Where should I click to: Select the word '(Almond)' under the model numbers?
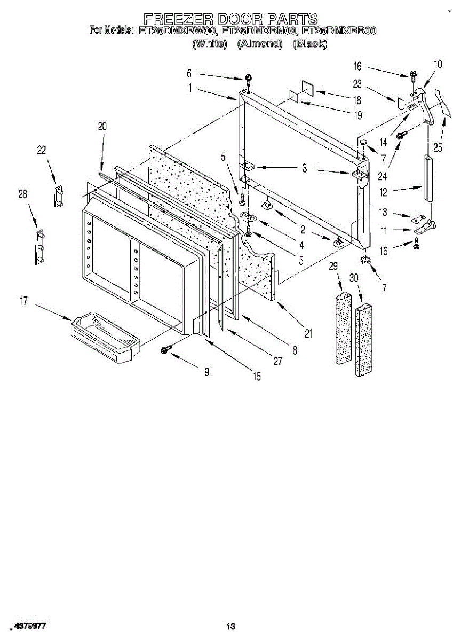coord(259,44)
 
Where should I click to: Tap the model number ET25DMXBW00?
coord(176,31)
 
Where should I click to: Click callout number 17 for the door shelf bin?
coord(23,302)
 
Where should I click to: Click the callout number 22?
coord(42,151)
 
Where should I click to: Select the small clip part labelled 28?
coord(39,247)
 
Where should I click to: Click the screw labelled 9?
coord(165,349)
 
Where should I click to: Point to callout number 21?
coord(308,334)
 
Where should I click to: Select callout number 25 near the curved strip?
coord(438,147)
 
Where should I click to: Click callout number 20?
coord(102,127)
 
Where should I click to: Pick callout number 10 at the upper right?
coord(438,65)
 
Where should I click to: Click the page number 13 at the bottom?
coord(230,627)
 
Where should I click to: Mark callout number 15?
coord(257,377)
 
